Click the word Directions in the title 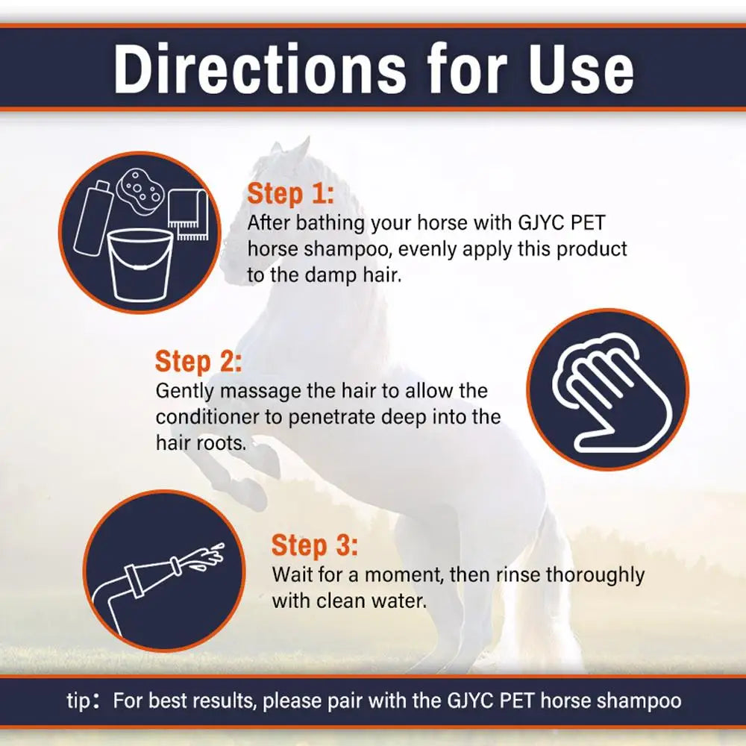[260, 69]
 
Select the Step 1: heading [291, 194]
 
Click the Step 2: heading [198, 362]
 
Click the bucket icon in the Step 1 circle [140, 265]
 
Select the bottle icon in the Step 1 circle [94, 216]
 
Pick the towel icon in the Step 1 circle [189, 215]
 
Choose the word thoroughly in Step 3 [595, 575]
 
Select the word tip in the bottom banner [78, 701]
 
